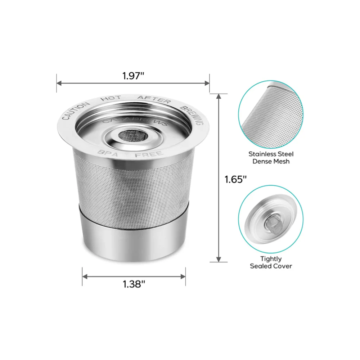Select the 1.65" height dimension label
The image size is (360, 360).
[235, 179]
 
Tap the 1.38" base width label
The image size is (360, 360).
[134, 284]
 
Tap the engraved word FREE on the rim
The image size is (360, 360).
[149, 154]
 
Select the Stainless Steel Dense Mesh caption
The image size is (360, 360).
[271, 158]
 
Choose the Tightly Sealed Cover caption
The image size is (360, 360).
[271, 262]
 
